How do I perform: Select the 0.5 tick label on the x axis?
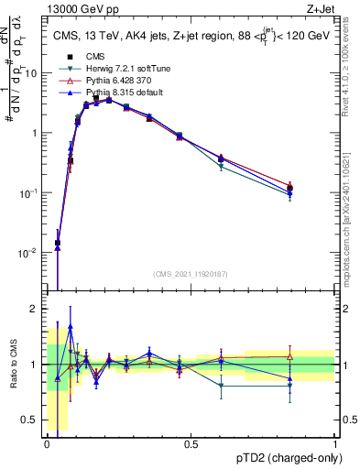tap(191, 444)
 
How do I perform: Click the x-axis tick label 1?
tap(335, 444)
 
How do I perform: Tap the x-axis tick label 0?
tap(47, 444)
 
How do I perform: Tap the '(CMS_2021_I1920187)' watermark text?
tap(191, 272)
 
